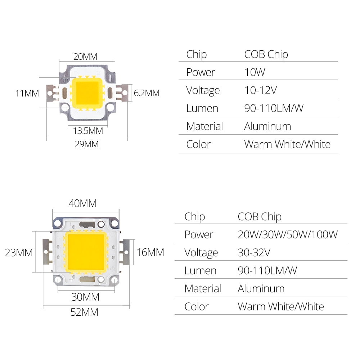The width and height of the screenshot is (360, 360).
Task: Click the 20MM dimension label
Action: coord(85,57)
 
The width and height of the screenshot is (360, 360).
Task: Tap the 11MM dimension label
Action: coord(27,93)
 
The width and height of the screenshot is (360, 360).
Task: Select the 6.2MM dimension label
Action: coord(147,93)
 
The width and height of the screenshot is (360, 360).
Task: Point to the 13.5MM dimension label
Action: coord(88,131)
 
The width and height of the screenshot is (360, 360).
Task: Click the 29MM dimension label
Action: coord(86,144)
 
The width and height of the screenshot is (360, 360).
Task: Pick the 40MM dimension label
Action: coord(83,203)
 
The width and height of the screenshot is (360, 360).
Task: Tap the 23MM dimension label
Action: coord(19,253)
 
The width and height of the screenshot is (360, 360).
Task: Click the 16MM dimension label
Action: coord(150,252)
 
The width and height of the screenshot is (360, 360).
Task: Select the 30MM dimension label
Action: coord(85,297)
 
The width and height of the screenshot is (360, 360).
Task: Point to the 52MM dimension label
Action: coord(84,312)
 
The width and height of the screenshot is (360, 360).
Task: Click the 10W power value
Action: coord(255,72)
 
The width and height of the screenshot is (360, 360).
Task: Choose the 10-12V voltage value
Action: coord(260,90)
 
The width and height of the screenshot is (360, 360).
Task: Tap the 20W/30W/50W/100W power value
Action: coord(288,235)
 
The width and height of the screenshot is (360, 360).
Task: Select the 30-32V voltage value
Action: coord(254,253)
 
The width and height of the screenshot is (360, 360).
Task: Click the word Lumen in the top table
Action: coord(202,108)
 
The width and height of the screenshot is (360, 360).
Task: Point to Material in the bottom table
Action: coord(203,289)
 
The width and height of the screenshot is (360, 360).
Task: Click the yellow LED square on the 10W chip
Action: coord(86,92)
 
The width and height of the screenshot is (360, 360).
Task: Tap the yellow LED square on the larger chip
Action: coord(86,252)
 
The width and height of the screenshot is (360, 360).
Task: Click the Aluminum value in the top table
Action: coord(267,126)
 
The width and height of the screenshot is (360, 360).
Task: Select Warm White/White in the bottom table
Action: coord(281,307)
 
